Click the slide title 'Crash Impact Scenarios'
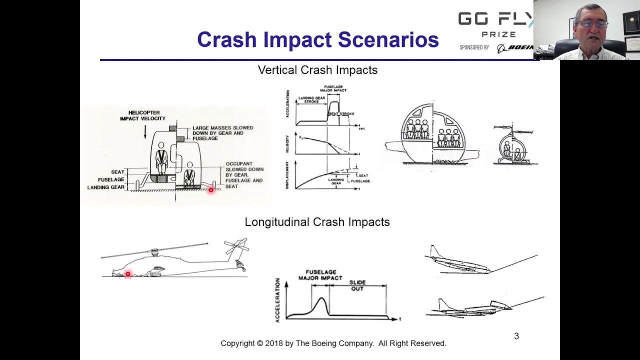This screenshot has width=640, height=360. tap(317, 40)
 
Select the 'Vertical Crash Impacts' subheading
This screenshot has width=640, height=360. tap(317, 70)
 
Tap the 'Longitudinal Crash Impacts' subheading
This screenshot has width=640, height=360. tap(317, 222)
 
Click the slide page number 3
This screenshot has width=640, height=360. tap(516, 336)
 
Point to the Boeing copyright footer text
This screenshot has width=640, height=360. tap(333, 343)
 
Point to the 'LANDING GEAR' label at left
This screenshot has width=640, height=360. tap(105, 187)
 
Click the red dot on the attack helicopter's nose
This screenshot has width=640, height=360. tap(128, 274)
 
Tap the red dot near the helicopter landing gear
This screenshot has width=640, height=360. tap(211, 190)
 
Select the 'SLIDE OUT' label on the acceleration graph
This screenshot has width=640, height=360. tap(357, 285)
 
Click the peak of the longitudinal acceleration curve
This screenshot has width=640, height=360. tap(321, 299)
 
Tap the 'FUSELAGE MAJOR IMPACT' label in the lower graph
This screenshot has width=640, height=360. tap(320, 275)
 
